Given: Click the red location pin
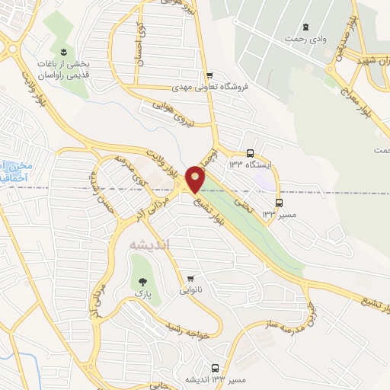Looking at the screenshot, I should (197, 178).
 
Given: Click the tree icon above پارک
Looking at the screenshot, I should (139, 280).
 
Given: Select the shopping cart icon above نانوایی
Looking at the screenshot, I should (190, 278).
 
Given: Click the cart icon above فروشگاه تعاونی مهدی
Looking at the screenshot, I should (209, 75).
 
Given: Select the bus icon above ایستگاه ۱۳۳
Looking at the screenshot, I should (251, 152).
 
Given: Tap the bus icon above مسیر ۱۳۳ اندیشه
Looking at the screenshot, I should (215, 368).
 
